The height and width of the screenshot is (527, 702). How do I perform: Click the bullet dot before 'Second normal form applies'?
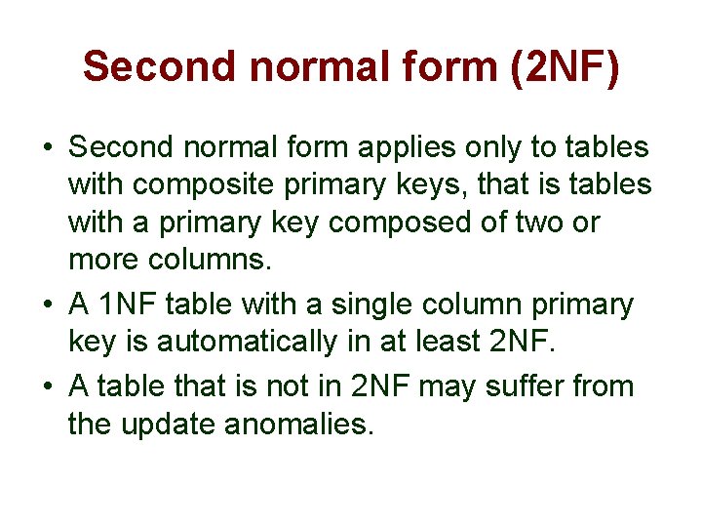47,149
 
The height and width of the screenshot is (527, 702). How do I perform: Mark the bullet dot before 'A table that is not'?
47,386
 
